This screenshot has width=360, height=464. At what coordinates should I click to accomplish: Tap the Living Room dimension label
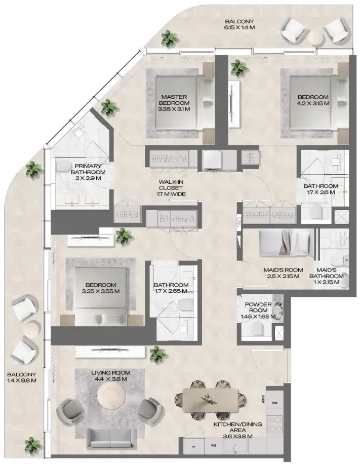click(x=109, y=375)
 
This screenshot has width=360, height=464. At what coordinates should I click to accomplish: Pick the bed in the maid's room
click(x=283, y=243)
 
